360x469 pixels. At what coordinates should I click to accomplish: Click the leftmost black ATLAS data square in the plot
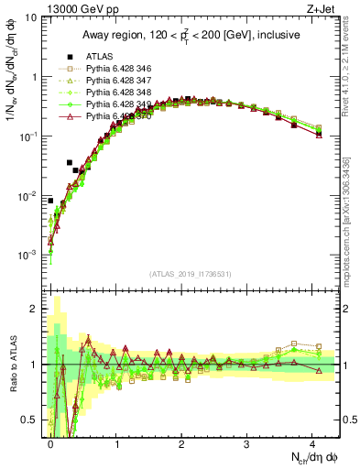pyautogui.click(x=51, y=201)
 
